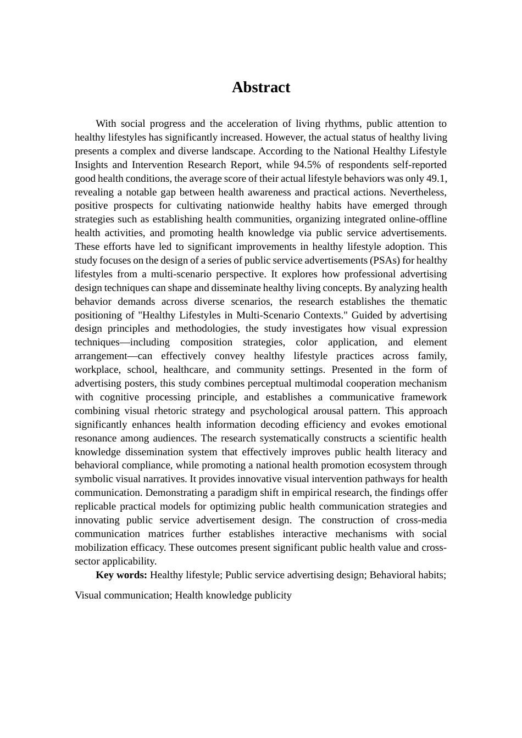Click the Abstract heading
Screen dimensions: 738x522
pyautogui.click(x=260, y=87)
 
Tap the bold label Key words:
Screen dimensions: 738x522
pyautogui.click(x=121, y=575)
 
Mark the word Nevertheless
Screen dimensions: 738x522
pyautogui.click(x=417, y=192)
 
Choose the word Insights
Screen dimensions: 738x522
pyautogui.click(x=91, y=165)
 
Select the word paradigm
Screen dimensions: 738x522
pyautogui.click(x=254, y=493)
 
